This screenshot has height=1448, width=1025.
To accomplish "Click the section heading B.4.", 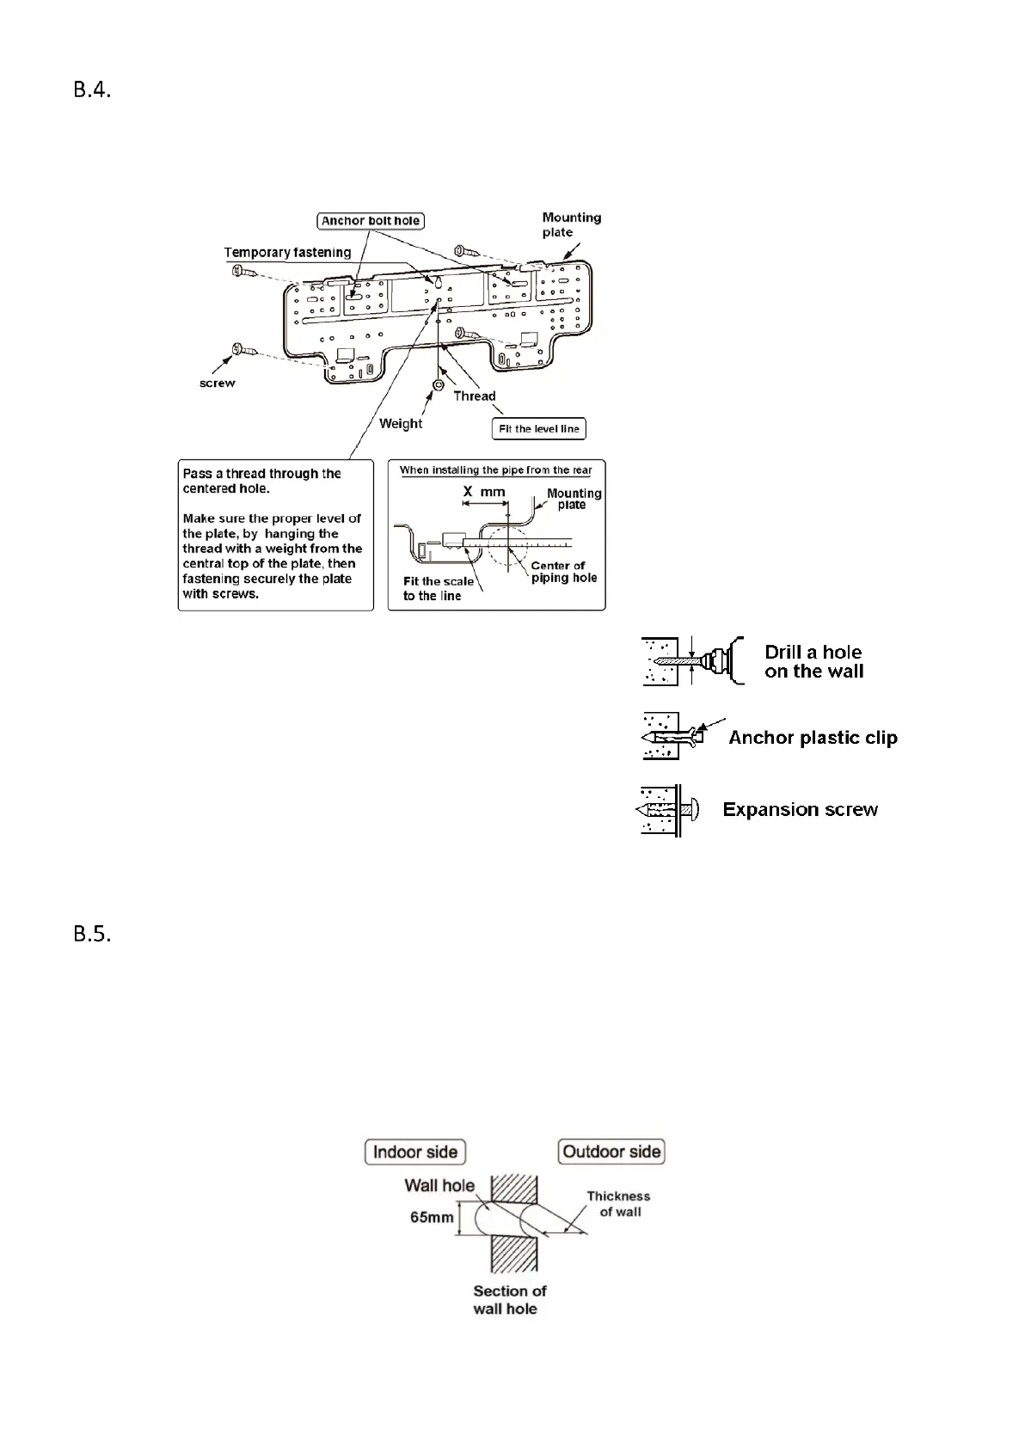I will point(92,90).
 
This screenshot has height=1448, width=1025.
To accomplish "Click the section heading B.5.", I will point(92,935).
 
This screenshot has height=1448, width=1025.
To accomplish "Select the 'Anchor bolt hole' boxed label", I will point(371,221).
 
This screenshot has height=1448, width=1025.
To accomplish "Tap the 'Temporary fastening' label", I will point(287,253).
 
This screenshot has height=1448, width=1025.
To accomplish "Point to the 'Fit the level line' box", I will point(538,429).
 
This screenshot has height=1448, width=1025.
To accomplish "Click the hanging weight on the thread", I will point(438,384).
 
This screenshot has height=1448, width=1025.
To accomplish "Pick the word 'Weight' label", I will point(401,424).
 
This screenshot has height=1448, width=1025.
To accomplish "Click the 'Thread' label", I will point(475,396).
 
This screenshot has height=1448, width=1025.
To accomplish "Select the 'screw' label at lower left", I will point(217,383).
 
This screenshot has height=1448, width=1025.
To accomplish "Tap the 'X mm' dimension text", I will point(485,492).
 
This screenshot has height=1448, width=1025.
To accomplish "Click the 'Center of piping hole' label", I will point(563,572).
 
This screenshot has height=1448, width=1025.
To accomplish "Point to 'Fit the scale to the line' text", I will point(438,589).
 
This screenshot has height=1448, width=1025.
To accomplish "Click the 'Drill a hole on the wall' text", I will point(813,662).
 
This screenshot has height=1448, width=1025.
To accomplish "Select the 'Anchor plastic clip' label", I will point(813,738).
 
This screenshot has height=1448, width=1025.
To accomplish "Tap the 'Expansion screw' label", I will point(800,810).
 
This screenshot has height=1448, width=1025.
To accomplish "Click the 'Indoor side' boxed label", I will point(415,1152).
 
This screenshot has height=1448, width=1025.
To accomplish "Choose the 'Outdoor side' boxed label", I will point(611,1152).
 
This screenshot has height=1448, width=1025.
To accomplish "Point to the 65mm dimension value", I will point(432,1218).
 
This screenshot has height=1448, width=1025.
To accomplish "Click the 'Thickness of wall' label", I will point(619,1204).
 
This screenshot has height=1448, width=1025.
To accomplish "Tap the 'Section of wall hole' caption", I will point(509,1300).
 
